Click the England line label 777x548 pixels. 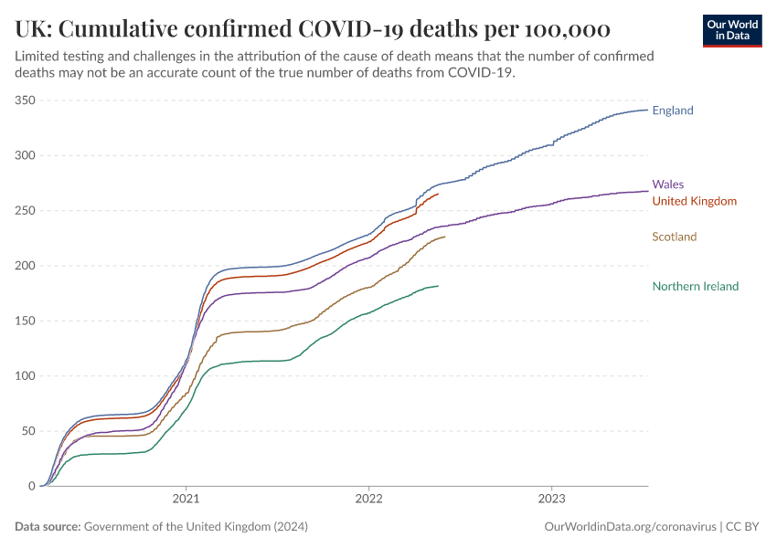673,111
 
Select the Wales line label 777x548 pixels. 668,184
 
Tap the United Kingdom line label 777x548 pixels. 694,201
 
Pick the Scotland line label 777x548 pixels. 675,237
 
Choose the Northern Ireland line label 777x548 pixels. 696,286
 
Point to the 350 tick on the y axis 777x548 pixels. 26,100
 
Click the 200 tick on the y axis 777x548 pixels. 26,266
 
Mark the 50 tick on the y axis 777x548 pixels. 28,431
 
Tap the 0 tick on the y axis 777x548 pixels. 32,486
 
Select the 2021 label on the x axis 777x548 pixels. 186,499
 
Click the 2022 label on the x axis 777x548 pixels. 368,499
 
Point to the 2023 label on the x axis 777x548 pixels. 551,499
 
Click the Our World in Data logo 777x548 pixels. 732,31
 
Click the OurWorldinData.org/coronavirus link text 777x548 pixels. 631,527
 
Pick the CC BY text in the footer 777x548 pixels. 742,527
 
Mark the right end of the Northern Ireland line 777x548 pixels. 438,286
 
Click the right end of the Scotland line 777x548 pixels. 445,237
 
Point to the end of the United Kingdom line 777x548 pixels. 438,194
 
